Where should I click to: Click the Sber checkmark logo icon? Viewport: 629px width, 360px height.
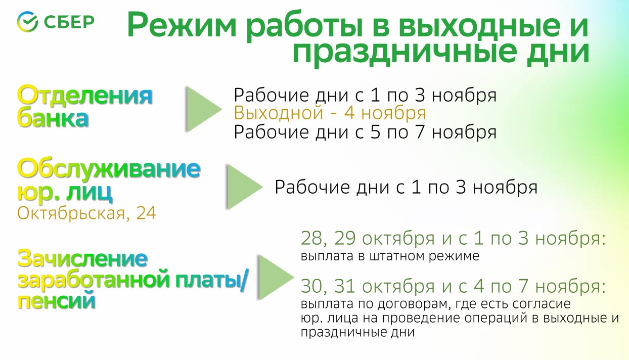tap(27, 22)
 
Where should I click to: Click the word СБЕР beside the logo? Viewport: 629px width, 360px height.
tap(69, 22)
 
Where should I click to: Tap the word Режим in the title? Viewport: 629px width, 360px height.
tap(182, 26)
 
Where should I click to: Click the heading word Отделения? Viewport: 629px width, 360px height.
tap(85, 96)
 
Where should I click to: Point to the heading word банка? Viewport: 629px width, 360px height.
tap(53, 118)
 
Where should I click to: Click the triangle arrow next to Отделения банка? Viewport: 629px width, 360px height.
tap(204, 109)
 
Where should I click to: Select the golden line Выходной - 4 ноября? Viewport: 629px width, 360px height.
tap(330, 113)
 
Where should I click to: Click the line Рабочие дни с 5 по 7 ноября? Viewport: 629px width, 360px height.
tap(365, 132)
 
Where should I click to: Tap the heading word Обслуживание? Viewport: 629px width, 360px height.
tap(109, 169)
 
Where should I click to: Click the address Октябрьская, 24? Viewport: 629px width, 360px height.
tap(86, 213)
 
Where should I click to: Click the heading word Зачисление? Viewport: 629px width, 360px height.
tap(82, 258)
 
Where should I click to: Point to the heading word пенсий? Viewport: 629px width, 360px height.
tap(57, 301)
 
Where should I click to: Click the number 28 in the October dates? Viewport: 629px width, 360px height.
tap(311, 239)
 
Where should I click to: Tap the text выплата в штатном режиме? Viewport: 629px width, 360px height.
tap(390, 256)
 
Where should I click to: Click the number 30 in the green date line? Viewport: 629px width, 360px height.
tap(311, 286)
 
